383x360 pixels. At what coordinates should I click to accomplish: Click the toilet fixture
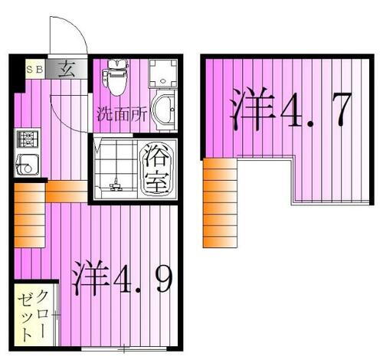coord(116,77)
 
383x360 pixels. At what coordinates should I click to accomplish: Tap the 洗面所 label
coord(121,116)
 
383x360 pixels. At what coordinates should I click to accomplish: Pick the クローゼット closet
coord(32,315)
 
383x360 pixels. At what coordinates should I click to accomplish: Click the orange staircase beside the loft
coord(219,202)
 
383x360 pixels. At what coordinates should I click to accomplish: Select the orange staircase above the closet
coord(29,218)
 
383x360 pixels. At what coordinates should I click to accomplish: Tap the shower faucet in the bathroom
coord(116,184)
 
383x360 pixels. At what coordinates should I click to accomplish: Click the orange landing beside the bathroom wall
coord(67,191)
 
